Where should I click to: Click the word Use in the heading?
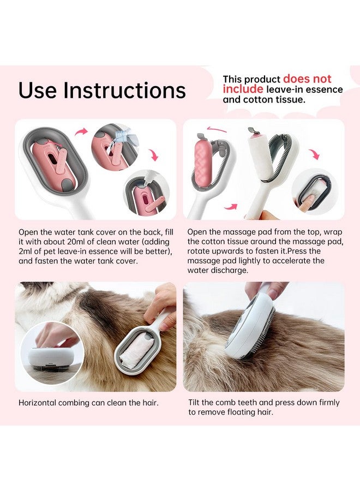coord(38,90)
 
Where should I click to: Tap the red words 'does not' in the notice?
coord(307,79)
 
